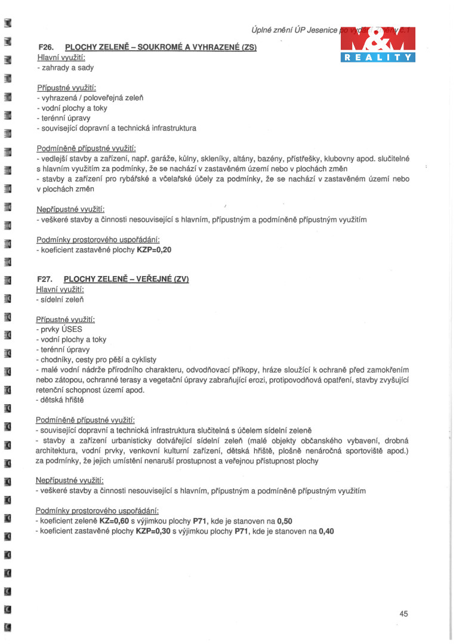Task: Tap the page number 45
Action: pyautogui.click(x=404, y=614)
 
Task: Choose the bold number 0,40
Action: pyautogui.click(x=326, y=530)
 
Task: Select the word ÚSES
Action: pyautogui.click(x=70, y=329)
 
